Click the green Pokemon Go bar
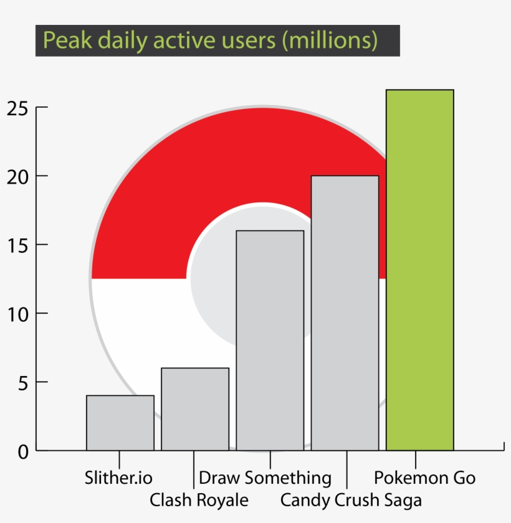pos(419,270)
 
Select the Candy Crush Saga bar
pos(345,313)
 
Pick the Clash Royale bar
pos(195,408)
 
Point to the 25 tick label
pos(18,108)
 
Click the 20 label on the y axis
pos(18,176)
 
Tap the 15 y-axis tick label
pos(18,245)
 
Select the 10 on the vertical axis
pos(18,313)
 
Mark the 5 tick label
pos(23,382)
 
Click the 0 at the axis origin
pos(23,451)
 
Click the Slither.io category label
pos(118,478)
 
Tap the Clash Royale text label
pos(199,500)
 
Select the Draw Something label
pos(265,478)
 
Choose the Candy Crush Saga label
pos(351,500)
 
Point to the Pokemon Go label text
pos(424,478)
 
